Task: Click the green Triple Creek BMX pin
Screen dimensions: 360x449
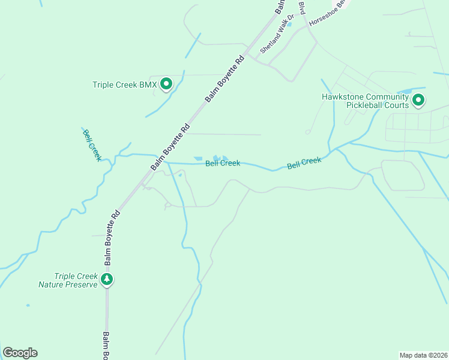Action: click(x=166, y=85)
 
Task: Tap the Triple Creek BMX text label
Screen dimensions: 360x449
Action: click(x=124, y=85)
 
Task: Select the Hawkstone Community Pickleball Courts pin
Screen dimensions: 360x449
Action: click(x=418, y=100)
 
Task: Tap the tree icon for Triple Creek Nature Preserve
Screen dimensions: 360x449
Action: click(x=107, y=279)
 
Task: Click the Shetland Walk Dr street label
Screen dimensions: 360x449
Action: click(x=277, y=35)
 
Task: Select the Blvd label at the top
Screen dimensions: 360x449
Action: click(x=302, y=8)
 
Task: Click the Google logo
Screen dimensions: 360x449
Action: click(x=20, y=353)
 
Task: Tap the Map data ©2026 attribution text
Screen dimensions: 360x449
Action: click(x=423, y=355)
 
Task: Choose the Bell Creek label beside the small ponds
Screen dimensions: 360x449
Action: click(x=223, y=163)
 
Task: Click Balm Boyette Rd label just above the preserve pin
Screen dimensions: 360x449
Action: click(x=113, y=238)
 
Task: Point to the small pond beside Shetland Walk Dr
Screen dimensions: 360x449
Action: click(x=289, y=25)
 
